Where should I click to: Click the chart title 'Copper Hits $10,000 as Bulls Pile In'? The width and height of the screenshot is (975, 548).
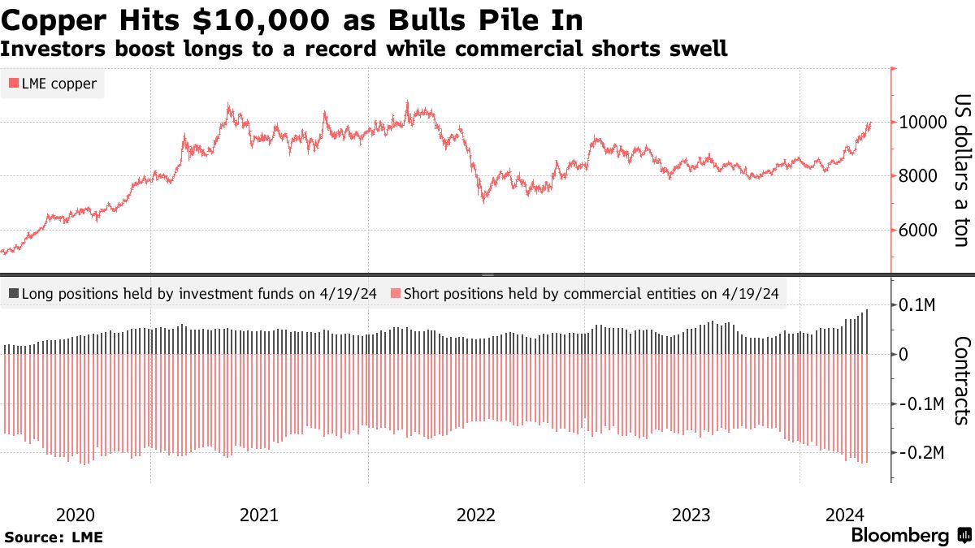(292, 18)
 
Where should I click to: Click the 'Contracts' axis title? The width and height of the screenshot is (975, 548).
(961, 380)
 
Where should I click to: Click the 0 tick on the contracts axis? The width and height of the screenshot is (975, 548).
(903, 355)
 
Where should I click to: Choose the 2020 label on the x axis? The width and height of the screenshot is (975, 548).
(76, 515)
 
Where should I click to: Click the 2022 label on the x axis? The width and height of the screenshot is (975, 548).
(475, 515)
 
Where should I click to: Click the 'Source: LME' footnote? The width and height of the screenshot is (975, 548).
(54, 537)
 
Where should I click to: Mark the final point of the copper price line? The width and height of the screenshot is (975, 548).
(871, 123)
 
